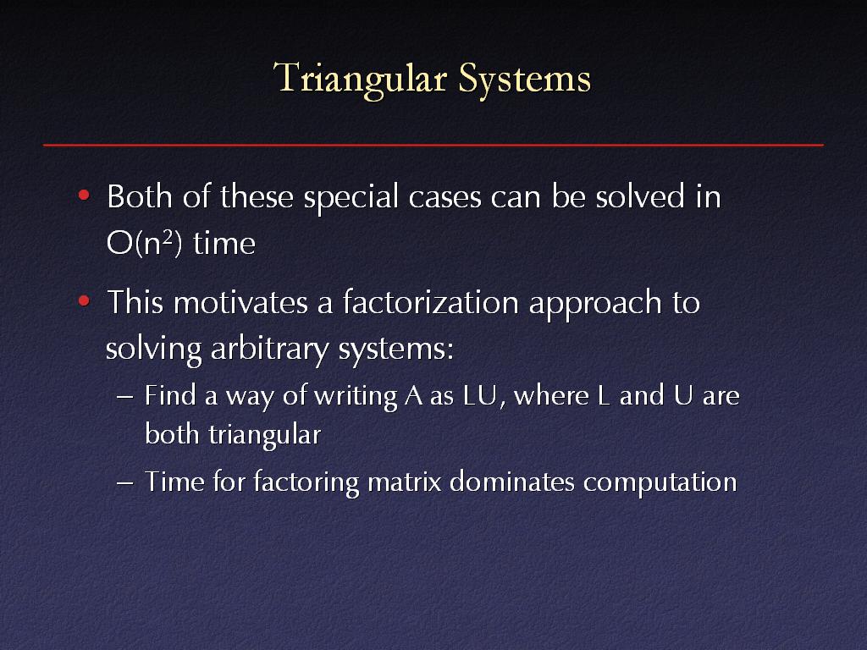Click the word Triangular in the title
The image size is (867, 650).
(x=360, y=80)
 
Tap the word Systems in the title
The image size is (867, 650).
(x=525, y=80)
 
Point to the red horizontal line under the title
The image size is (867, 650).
(x=433, y=146)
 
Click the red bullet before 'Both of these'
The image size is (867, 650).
(x=84, y=196)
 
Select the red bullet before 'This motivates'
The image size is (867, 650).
(x=84, y=301)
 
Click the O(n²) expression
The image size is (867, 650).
(x=144, y=242)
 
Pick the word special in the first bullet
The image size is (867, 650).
(x=351, y=198)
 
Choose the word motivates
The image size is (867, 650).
(x=240, y=303)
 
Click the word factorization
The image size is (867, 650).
(x=431, y=302)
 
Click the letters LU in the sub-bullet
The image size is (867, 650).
(x=480, y=396)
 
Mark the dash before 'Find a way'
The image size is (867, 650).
(x=125, y=398)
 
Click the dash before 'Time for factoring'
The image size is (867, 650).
(x=125, y=482)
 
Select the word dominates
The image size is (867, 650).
(x=512, y=482)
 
